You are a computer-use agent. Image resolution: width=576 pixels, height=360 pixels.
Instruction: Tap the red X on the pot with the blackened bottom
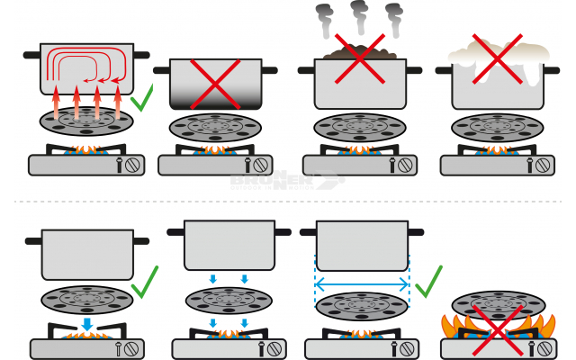(x=214, y=85)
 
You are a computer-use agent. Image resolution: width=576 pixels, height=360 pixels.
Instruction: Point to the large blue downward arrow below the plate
(x=87, y=322)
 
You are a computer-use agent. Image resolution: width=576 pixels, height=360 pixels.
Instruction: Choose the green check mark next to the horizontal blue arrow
(x=429, y=281)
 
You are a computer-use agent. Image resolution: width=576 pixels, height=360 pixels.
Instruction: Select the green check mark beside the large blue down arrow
(x=143, y=282)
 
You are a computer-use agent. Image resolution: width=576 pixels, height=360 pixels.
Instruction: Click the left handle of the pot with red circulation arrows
(x=31, y=56)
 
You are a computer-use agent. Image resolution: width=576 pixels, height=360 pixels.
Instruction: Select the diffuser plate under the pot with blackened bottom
(x=215, y=127)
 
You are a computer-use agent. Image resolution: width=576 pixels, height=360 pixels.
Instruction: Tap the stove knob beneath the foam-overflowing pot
(x=544, y=166)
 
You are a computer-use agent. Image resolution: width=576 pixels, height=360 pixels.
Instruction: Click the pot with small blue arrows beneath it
(x=229, y=245)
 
